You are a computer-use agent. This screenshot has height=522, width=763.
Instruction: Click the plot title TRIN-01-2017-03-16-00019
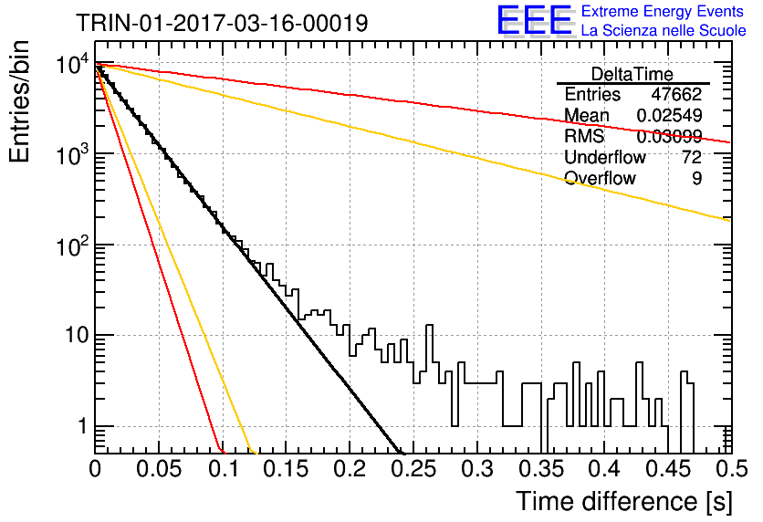[x=222, y=23]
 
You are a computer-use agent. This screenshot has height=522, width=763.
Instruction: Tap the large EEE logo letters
[x=534, y=20]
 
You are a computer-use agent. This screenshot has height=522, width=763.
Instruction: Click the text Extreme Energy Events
[x=663, y=11]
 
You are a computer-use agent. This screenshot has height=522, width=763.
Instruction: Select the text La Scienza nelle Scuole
[x=664, y=30]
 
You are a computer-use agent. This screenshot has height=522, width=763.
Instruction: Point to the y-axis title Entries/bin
[x=19, y=102]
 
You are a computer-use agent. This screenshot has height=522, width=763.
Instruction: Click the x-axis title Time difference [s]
[x=624, y=501]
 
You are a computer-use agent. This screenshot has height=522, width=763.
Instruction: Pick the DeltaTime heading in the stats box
[x=632, y=74]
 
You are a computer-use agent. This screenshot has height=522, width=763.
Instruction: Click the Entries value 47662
[x=676, y=94]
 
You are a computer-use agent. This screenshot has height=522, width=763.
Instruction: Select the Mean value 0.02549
[x=669, y=115]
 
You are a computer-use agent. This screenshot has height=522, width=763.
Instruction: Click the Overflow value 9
[x=696, y=178]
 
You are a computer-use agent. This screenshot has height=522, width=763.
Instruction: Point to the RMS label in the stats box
[x=584, y=136]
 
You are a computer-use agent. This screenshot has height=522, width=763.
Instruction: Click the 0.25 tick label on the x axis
[x=413, y=469]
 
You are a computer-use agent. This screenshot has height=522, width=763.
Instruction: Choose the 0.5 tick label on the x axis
[x=730, y=469]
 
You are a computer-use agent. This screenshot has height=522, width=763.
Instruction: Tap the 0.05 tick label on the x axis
[x=159, y=469]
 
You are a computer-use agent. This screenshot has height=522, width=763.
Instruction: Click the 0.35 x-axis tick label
[x=541, y=469]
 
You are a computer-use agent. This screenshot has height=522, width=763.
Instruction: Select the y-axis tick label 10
[x=77, y=335]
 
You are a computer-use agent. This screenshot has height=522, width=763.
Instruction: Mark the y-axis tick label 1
[x=82, y=426]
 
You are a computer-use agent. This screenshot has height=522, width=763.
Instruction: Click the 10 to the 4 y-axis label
[x=72, y=64]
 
